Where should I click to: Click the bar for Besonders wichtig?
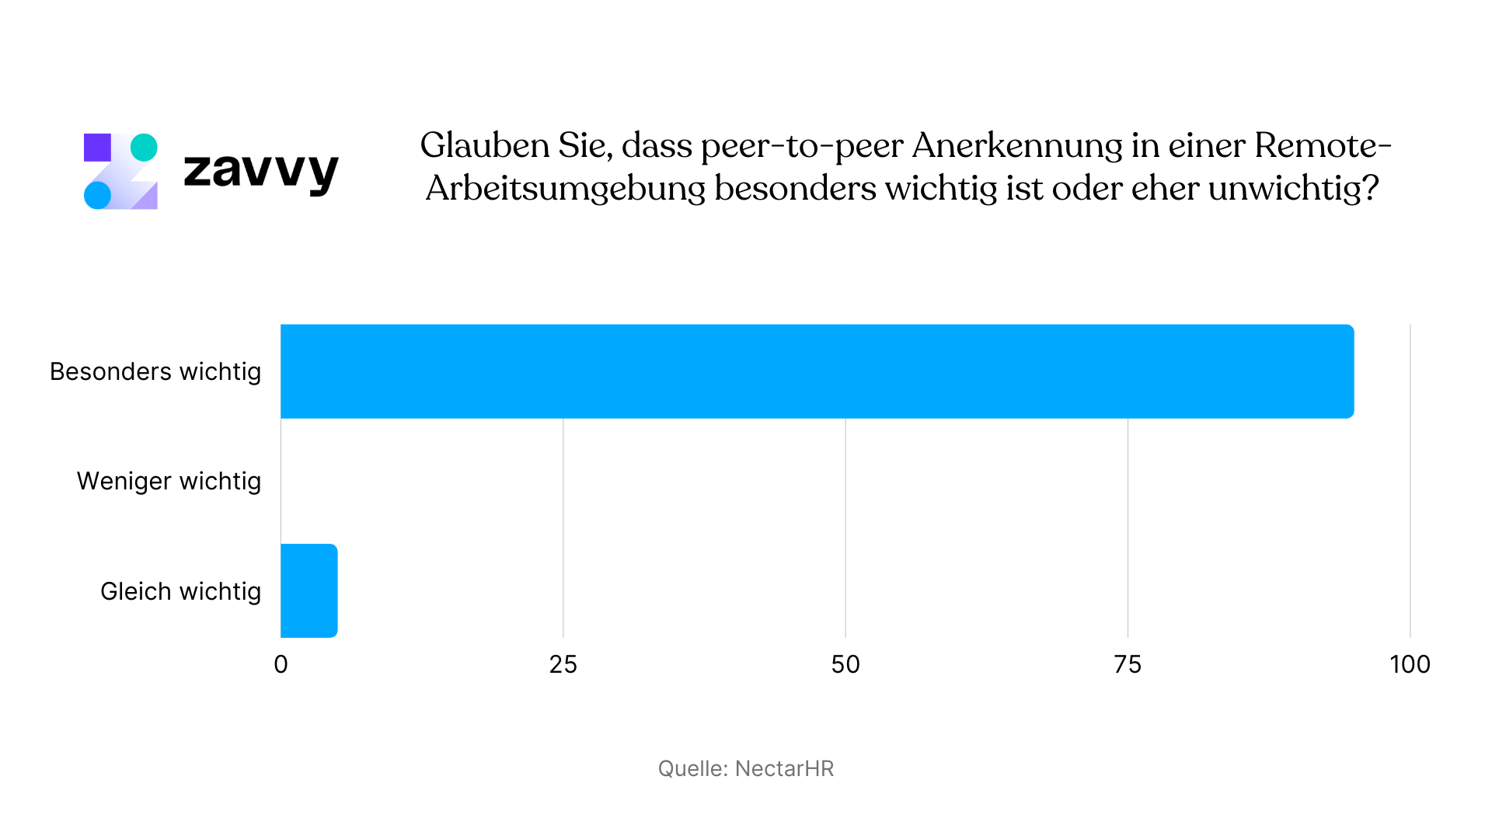(816, 371)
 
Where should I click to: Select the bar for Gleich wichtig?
(309, 590)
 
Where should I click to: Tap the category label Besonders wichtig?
(155, 371)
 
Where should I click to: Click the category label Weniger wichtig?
(169, 481)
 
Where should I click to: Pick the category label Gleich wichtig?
(180, 591)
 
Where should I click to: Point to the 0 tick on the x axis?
(281, 664)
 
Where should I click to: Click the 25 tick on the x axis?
(563, 664)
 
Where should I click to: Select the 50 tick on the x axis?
(845, 664)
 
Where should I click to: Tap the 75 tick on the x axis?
(1128, 664)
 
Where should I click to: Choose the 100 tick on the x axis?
(1410, 664)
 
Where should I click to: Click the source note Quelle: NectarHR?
(745, 768)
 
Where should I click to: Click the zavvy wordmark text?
(261, 170)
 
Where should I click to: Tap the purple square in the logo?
(97, 148)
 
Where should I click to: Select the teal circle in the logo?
(144, 148)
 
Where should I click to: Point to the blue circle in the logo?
(97, 195)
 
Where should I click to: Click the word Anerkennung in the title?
(1017, 145)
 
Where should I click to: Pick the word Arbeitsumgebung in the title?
(566, 188)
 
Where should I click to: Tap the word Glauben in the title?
(485, 145)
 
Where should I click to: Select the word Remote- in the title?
(1322, 145)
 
